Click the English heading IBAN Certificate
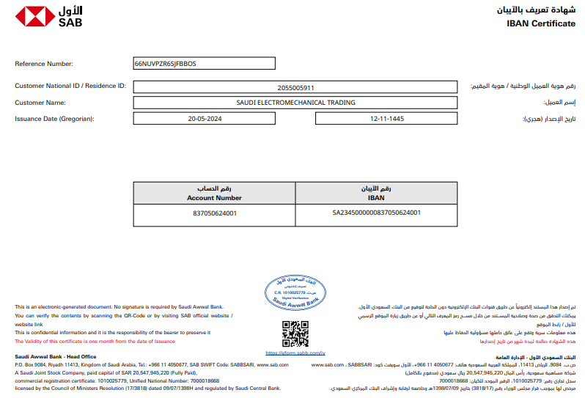click(540, 23)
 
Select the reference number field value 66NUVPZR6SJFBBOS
click(165, 64)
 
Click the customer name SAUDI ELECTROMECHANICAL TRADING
click(296, 103)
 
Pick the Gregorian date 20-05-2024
click(205, 118)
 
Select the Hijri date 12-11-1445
click(386, 118)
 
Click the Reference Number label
click(44, 64)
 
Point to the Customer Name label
click(40, 103)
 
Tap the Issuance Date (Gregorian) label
click(54, 118)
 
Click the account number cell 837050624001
click(214, 213)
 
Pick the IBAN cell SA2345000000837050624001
click(377, 213)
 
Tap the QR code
click(295, 333)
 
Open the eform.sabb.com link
click(295, 353)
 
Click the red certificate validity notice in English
click(95, 341)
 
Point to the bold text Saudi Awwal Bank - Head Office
click(56, 357)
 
